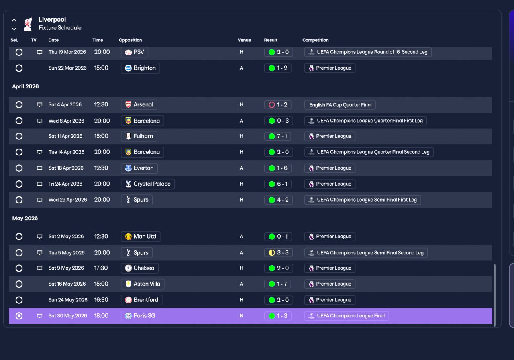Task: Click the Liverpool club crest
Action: (28, 24)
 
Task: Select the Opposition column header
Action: (131, 40)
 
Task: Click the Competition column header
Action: (316, 40)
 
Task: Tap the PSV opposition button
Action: (135, 52)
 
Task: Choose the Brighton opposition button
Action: (141, 68)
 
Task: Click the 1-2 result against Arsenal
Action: (278, 105)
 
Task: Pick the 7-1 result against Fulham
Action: (278, 136)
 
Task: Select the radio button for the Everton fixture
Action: (19, 168)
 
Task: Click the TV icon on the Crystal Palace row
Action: (39, 184)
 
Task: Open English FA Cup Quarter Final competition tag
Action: (340, 105)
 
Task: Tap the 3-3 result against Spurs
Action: (279, 253)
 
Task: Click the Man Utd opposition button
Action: (141, 237)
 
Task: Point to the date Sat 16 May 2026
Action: (67, 284)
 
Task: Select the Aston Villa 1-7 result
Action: (277, 284)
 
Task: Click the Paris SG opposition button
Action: (140, 316)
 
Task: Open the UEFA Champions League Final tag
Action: (347, 316)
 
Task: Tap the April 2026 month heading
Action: (25, 86)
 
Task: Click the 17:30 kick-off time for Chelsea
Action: (101, 268)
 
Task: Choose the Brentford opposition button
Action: (142, 300)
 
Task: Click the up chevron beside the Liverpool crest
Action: (14, 20)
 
